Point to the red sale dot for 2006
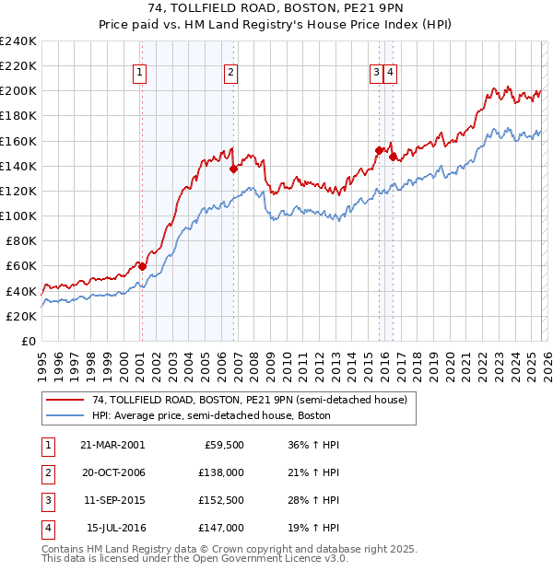pyautogui.click(x=233, y=169)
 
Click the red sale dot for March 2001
pyautogui.click(x=142, y=266)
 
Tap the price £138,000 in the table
pyautogui.click(x=222, y=472)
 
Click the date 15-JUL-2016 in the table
pyautogui.click(x=112, y=529)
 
